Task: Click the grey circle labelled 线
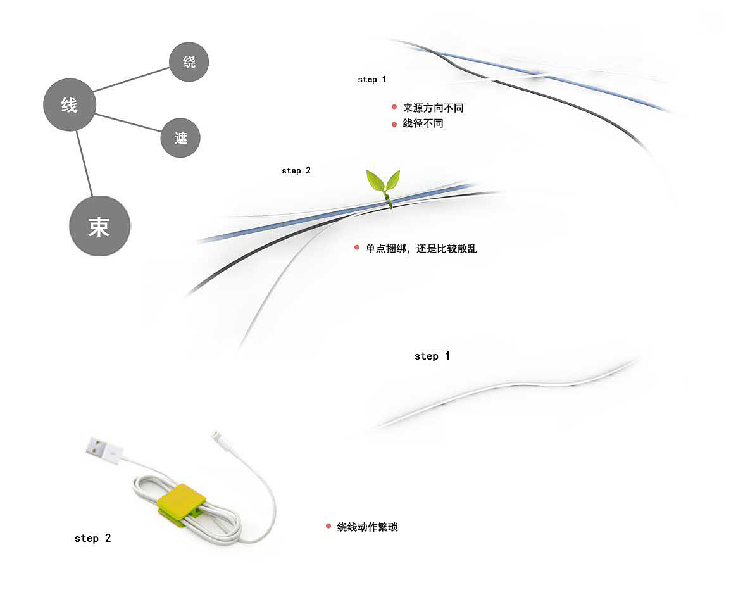tap(70, 104)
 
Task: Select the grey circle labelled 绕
tap(189, 61)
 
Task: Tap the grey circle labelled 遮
tap(180, 137)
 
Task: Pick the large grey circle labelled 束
tap(99, 226)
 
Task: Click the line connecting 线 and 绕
tap(131, 80)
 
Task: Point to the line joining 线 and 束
tap(84, 163)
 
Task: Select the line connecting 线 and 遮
tap(128, 123)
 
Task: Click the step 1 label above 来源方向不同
tap(372, 80)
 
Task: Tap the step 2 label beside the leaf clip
tap(296, 170)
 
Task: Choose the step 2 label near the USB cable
tap(93, 538)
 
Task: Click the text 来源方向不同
tap(433, 108)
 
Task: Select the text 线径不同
tap(423, 123)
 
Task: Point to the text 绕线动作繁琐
tap(367, 527)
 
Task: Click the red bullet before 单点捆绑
tap(357, 248)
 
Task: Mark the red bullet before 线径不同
tap(394, 124)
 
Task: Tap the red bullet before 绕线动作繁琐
tap(328, 526)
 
